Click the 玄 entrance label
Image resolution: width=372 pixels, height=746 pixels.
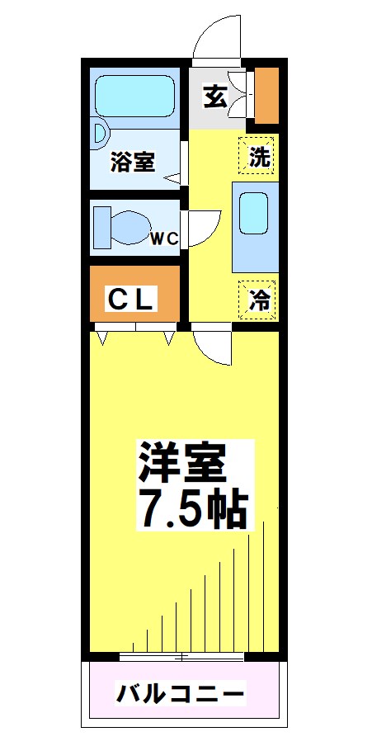pyautogui.click(x=214, y=97)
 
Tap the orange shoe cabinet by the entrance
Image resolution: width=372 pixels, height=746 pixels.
pyautogui.click(x=266, y=93)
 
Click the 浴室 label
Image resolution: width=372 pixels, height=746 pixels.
pyautogui.click(x=132, y=162)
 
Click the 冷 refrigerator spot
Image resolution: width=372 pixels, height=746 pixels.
pyautogui.click(x=258, y=300)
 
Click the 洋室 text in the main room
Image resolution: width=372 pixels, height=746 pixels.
pyautogui.click(x=181, y=462)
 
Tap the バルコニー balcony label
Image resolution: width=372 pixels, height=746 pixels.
pyautogui.click(x=180, y=692)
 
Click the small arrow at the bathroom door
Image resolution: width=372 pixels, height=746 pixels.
pyautogui.click(x=173, y=177)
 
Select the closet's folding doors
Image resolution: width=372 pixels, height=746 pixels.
pyautogui.click(x=136, y=335)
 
